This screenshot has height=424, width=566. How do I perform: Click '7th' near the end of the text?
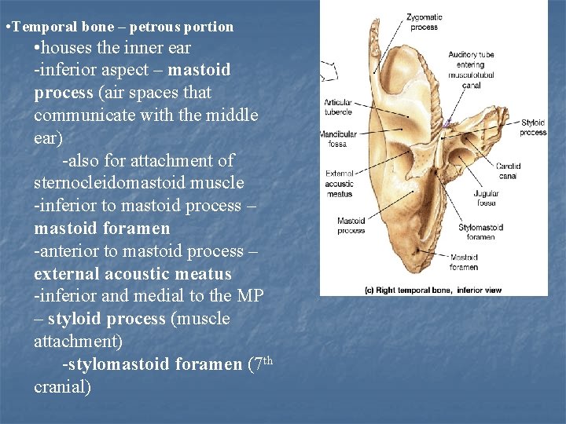tap(262, 364)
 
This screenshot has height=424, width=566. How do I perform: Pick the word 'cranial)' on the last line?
tap(62, 387)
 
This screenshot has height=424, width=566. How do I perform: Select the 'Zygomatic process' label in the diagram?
tap(424, 22)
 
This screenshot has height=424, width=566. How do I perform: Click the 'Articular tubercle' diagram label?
tap(337, 106)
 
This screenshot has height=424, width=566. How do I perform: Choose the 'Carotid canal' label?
tap(507, 170)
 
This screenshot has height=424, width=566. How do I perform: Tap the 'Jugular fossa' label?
tap(487, 198)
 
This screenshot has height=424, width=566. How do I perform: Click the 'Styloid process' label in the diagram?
tap(533, 127)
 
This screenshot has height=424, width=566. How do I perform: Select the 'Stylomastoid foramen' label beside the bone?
tap(480, 232)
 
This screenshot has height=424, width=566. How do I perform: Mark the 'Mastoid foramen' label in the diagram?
tap(464, 261)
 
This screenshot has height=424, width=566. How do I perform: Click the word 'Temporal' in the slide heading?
tap(41, 27)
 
